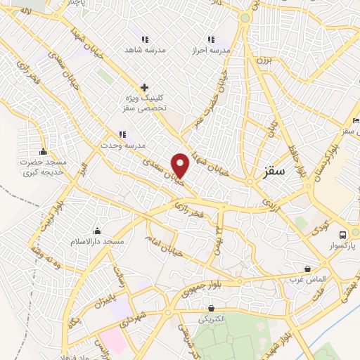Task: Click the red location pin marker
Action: point(181,165)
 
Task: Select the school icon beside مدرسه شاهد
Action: point(144,39)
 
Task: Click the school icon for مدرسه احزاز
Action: point(209,39)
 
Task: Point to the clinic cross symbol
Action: point(144,88)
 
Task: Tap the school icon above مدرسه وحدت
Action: point(122,134)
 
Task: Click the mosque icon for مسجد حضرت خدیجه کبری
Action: point(43,151)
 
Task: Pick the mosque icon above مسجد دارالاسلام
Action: point(96,231)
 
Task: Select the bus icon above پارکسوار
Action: point(342,235)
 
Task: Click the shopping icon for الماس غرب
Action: point(307,269)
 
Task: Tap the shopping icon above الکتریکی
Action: point(211,308)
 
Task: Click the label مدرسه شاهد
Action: point(144,51)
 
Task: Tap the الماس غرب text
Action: point(307,279)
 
